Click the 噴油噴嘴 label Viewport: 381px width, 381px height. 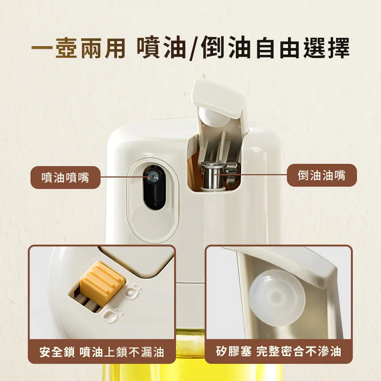coord(66,178)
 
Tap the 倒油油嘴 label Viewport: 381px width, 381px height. coord(322,175)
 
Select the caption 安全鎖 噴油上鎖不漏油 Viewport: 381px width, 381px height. coord(102,352)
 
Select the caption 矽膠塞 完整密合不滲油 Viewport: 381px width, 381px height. coord(279,351)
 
